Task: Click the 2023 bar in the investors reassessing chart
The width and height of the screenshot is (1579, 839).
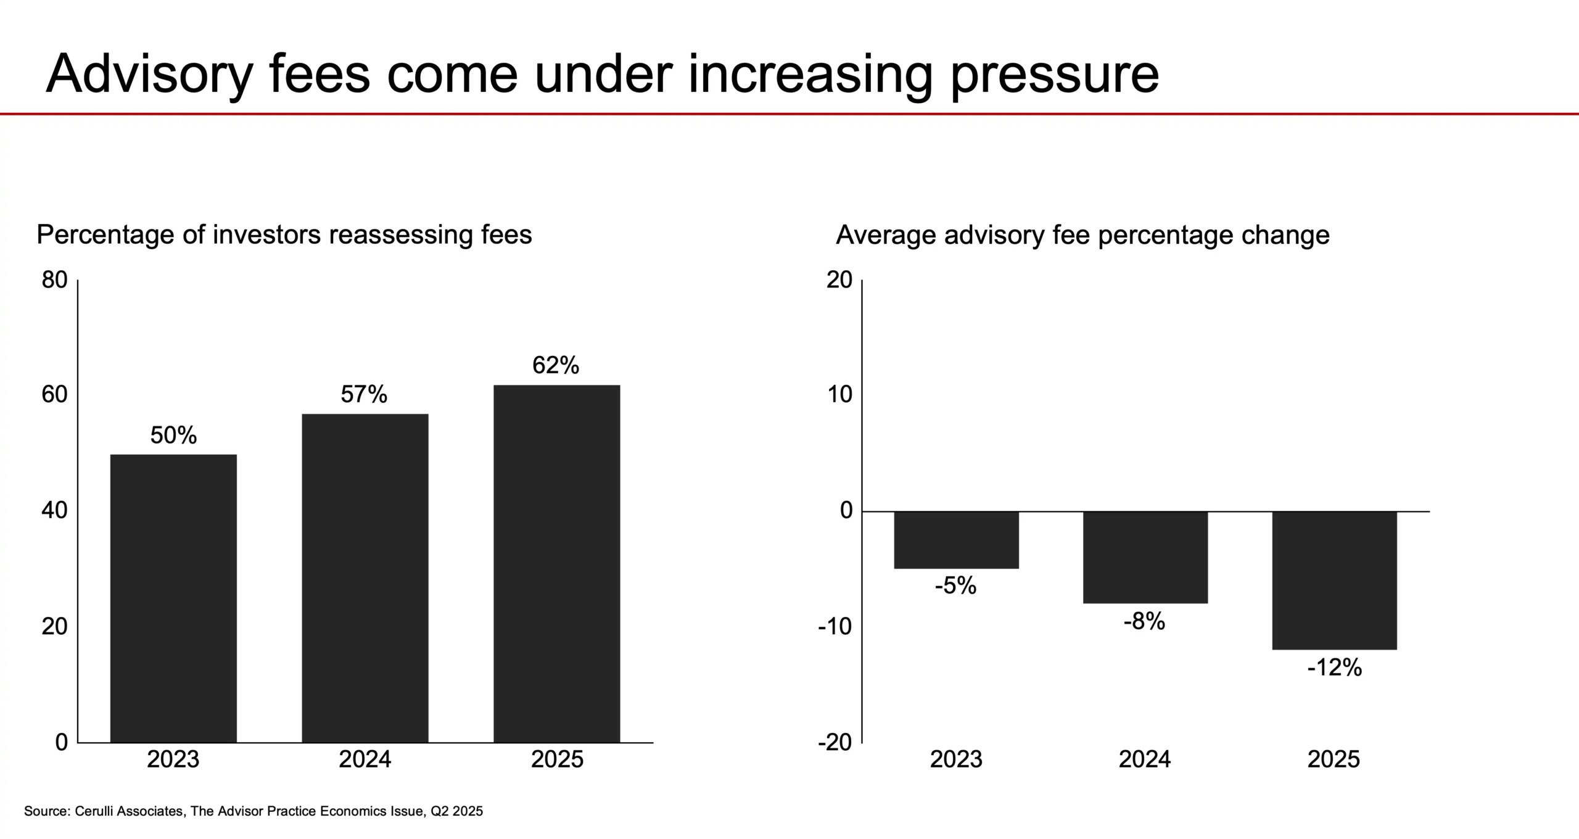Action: [x=173, y=598]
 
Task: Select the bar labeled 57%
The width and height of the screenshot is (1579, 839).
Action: [x=365, y=578]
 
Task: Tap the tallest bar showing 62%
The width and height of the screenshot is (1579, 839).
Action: [x=556, y=563]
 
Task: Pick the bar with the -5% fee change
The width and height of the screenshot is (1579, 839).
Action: [x=956, y=540]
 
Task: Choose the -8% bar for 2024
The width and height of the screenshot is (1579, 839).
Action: [x=1145, y=557]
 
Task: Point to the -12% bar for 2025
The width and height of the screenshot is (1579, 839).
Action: [x=1334, y=580]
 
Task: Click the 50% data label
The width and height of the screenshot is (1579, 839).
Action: [x=173, y=436]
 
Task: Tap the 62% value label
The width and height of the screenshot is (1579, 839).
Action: [x=556, y=365]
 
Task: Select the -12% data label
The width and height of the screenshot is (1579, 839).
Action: [x=1334, y=667]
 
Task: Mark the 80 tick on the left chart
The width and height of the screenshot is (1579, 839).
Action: [x=54, y=280]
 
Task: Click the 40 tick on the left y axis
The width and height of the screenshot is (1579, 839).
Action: [x=54, y=510]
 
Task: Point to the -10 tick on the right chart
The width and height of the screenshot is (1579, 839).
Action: [x=835, y=627]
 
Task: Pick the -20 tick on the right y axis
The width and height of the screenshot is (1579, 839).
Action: [x=835, y=742]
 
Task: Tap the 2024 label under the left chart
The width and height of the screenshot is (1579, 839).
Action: [x=365, y=759]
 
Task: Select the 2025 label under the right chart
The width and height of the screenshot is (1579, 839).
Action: [x=1334, y=759]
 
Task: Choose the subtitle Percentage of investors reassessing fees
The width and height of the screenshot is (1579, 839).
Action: [x=284, y=235]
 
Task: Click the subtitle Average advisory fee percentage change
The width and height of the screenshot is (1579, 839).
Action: [x=1082, y=235]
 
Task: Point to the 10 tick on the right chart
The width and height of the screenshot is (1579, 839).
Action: [x=839, y=395]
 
